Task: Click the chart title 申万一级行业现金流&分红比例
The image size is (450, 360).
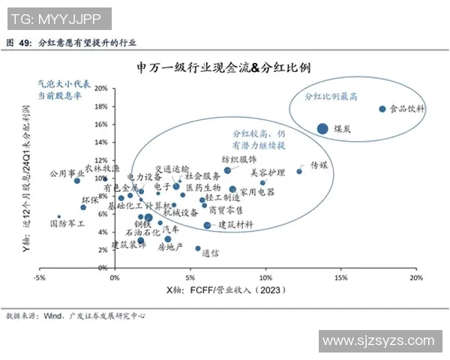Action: click(x=224, y=67)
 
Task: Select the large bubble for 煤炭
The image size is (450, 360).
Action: click(x=322, y=128)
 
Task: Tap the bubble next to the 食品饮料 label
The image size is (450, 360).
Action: click(x=382, y=109)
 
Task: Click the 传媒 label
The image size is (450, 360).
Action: click(x=319, y=164)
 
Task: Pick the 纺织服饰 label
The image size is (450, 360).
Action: click(x=239, y=160)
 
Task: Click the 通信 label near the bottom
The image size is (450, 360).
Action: click(x=210, y=253)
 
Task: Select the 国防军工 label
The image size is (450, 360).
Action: click(x=67, y=223)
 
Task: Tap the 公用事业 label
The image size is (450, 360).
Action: click(x=66, y=172)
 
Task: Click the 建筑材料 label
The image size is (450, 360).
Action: click(x=235, y=224)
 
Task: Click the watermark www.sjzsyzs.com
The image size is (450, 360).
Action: click(x=379, y=342)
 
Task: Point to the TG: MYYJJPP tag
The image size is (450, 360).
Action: click(x=57, y=17)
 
